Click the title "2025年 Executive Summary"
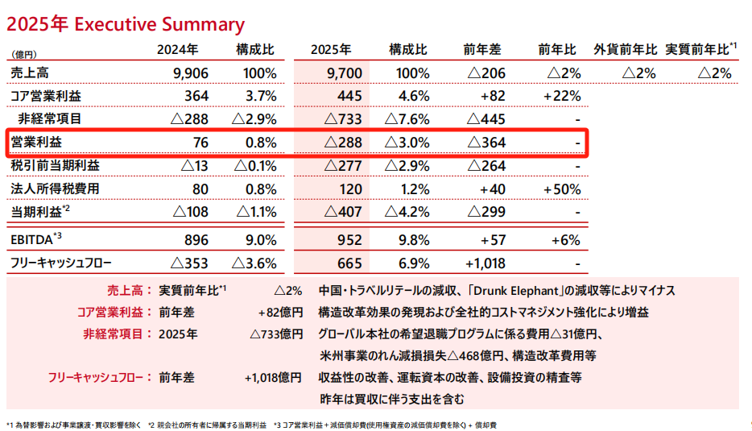[x=126, y=23]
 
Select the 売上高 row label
[x=30, y=73]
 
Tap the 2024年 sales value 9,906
[x=191, y=73]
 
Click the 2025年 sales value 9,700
[x=345, y=73]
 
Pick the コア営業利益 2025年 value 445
[x=352, y=97]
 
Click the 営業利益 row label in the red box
[x=36, y=143]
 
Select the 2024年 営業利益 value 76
[x=200, y=143]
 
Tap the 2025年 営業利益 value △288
[x=344, y=143]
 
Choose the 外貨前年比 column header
[x=626, y=50]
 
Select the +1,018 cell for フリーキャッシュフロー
[x=485, y=263]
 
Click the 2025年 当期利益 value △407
[x=344, y=213]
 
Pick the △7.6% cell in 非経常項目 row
[x=411, y=119]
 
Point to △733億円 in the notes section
[x=276, y=334]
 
